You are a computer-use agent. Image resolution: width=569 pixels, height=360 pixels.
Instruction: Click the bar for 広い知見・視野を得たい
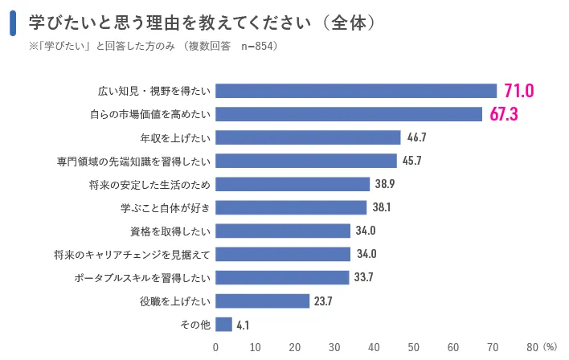click(356, 91)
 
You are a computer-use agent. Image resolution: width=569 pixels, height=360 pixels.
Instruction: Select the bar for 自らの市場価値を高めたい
click(349, 114)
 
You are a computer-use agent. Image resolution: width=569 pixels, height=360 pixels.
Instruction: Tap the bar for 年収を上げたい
click(308, 137)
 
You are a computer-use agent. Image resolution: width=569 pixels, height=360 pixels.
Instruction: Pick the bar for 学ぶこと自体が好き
click(291, 207)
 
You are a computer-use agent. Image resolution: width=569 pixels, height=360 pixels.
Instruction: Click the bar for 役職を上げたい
click(262, 301)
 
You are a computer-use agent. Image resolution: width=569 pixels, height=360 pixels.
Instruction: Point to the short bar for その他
click(223, 325)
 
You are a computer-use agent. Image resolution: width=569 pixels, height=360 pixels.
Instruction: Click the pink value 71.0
click(518, 90)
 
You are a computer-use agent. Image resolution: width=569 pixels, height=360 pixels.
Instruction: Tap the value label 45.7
click(412, 161)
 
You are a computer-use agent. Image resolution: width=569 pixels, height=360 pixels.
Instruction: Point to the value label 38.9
click(385, 184)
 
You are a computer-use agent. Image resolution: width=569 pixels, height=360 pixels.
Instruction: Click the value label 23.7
click(323, 301)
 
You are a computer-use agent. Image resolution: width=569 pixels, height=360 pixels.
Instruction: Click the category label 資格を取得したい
click(170, 231)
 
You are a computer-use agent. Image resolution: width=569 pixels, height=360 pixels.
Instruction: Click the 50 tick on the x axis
click(413, 347)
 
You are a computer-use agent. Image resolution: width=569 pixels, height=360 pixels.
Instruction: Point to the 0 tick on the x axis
click(215, 347)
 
